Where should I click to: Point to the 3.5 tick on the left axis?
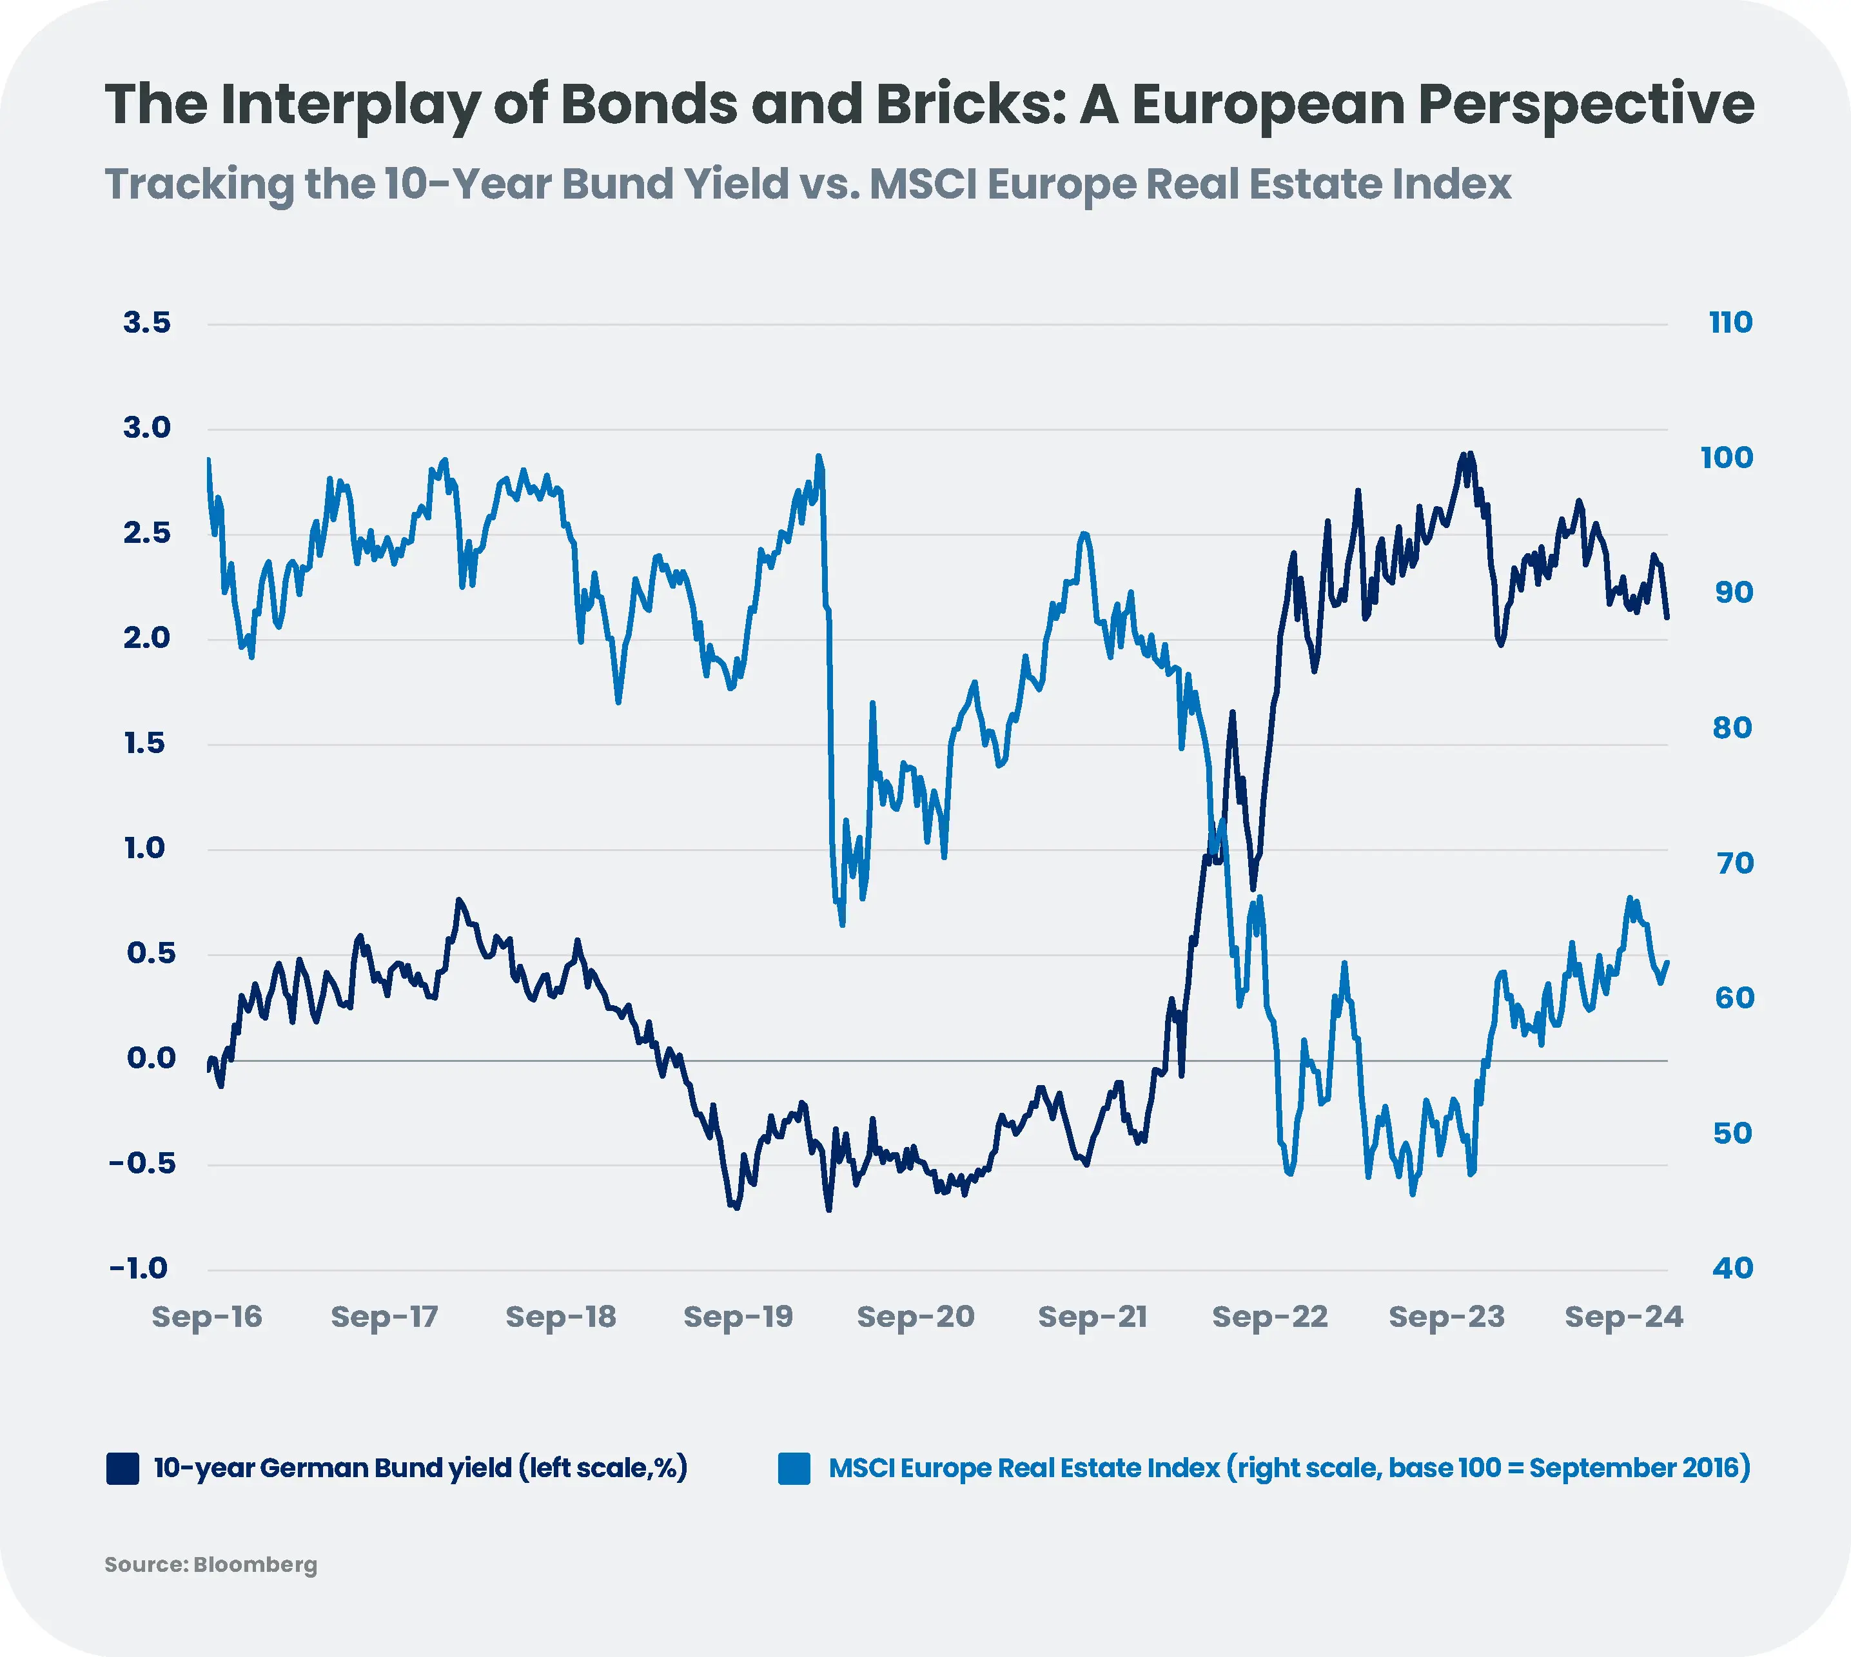(146, 323)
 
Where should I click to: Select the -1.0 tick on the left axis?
(139, 1268)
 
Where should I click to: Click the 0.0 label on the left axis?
(150, 1058)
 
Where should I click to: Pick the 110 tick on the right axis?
(1730, 323)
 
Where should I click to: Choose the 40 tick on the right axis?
(1732, 1268)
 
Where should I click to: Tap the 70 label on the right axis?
(1734, 863)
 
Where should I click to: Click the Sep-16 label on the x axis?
(207, 1317)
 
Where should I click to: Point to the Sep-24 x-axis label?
(1623, 1317)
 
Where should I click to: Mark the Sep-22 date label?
(1269, 1317)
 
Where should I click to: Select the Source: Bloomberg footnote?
(211, 1565)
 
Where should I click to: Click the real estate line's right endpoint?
(1667, 961)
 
